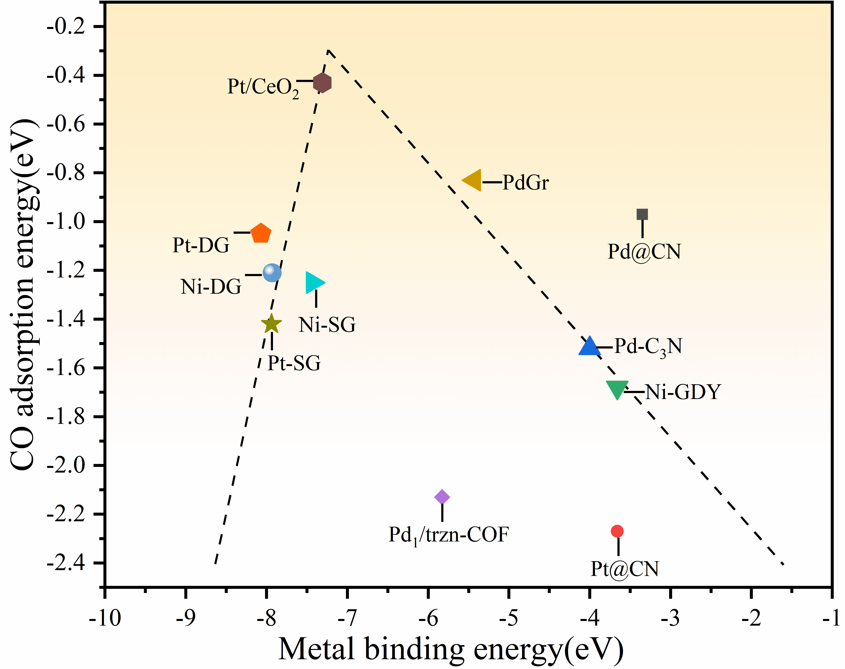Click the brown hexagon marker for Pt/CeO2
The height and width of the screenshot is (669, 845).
[322, 83]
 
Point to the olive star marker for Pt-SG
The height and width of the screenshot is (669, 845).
[271, 324]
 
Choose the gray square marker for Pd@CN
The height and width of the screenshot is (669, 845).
[642, 214]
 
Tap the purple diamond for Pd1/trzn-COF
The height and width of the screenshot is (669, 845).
[442, 497]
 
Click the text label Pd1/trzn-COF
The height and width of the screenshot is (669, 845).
[448, 535]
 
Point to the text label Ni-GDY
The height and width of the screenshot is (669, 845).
[683, 392]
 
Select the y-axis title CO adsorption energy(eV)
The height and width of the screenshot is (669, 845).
[24, 294]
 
